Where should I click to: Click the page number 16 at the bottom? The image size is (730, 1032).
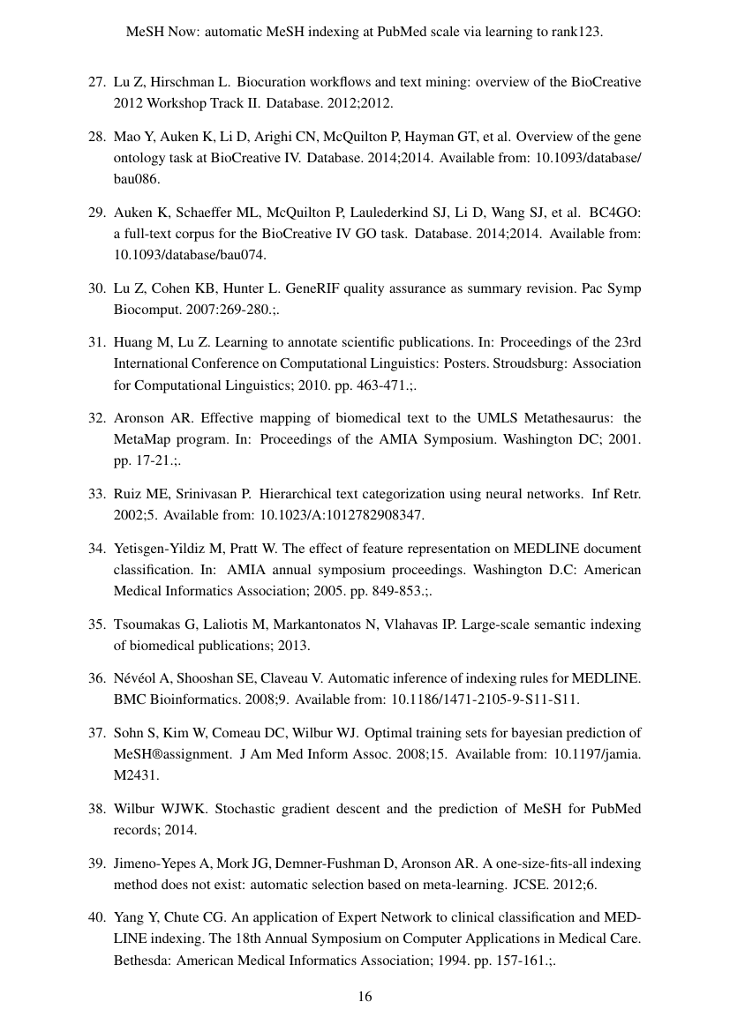point(365,997)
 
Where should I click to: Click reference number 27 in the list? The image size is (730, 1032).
point(96,82)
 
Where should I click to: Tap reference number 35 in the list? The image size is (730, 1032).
point(96,624)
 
